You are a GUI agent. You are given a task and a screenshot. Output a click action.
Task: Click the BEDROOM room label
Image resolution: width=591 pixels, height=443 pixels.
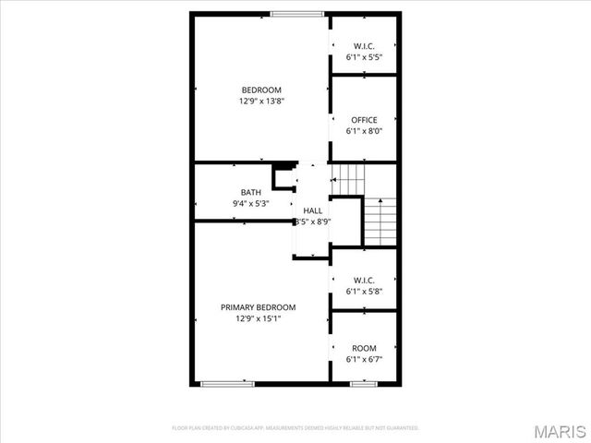coord(260,90)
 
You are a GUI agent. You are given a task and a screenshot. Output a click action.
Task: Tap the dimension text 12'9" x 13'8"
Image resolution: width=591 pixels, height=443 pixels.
coord(260,101)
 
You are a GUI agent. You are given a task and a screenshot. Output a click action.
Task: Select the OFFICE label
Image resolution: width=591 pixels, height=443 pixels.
coord(364,120)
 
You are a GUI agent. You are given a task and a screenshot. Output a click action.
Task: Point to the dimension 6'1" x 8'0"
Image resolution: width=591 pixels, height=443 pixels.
coord(364,131)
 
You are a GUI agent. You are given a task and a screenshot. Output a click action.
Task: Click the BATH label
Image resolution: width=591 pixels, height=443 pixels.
coord(250,193)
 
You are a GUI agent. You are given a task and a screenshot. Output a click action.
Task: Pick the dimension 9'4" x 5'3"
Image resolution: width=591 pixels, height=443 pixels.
coord(250,204)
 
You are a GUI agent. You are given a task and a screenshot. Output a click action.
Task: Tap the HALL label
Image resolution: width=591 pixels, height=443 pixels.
coord(312,211)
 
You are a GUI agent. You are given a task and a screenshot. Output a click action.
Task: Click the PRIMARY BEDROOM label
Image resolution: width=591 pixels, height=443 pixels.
coord(258,307)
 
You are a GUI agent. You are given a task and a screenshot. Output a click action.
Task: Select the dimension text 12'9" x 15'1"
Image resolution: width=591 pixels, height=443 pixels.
coord(258,318)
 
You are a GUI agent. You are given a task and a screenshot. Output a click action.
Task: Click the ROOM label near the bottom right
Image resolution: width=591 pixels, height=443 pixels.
coord(364,348)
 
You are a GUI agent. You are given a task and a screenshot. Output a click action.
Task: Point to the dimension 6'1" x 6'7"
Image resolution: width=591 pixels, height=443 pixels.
coord(364,359)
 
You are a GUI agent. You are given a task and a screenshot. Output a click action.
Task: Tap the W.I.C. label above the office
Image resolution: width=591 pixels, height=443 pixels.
coord(364,46)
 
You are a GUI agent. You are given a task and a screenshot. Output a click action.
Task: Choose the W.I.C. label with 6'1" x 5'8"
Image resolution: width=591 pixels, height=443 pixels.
coord(364,281)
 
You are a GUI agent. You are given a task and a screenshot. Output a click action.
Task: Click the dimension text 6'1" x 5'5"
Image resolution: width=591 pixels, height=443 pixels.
coord(364,57)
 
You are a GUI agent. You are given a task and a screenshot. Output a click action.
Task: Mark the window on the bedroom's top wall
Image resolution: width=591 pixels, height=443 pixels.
coord(297,13)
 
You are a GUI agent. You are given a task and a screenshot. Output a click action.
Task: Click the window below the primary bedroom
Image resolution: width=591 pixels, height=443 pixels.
coord(228,382)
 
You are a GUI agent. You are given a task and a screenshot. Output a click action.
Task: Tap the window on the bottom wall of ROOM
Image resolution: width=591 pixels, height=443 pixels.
coord(363,382)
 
